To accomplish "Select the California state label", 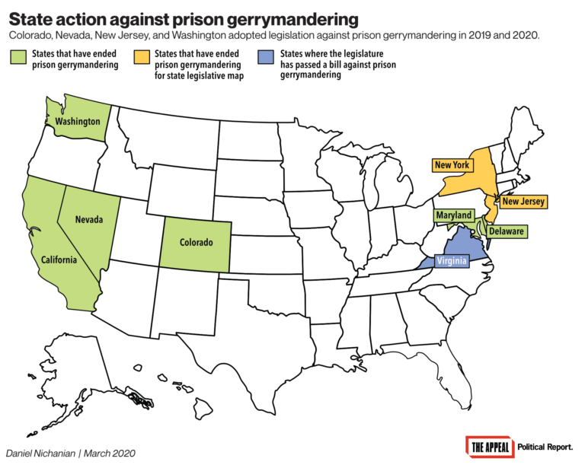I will (59, 260).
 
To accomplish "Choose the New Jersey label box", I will (523, 202).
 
